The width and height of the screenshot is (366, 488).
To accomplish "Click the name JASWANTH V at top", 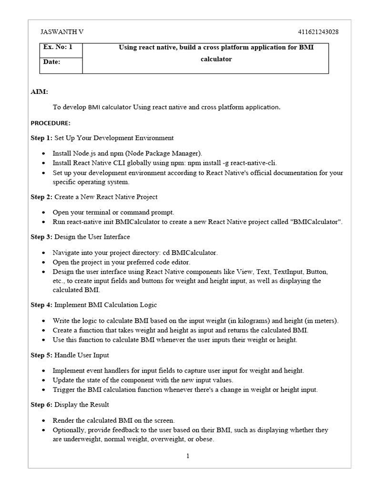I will [x=63, y=32].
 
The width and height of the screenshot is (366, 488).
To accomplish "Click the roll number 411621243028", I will [x=318, y=32].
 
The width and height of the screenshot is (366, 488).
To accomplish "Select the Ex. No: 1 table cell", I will [x=58, y=48].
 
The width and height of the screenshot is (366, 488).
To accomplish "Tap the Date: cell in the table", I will [x=52, y=62].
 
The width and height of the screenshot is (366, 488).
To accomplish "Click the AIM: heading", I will [x=39, y=91].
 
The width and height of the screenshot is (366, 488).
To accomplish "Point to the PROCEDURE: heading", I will [x=51, y=123].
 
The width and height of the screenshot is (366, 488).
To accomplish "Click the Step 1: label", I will [x=42, y=138].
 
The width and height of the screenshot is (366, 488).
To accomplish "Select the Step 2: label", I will [x=42, y=197].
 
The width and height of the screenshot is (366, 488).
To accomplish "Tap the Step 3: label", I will [x=42, y=237].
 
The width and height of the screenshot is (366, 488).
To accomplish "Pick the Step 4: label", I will [x=42, y=305].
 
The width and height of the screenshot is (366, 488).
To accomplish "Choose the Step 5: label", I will [x=42, y=355].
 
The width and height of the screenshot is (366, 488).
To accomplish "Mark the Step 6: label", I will [x=42, y=405].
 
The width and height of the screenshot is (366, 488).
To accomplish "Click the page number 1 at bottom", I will [x=188, y=456].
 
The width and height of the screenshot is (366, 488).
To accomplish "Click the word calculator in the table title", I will [x=216, y=60].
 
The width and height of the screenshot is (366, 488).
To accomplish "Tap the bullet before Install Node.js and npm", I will [x=44, y=153].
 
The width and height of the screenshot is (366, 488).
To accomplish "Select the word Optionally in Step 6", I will [x=69, y=430].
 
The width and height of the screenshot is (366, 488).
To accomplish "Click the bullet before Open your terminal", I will [x=44, y=213].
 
